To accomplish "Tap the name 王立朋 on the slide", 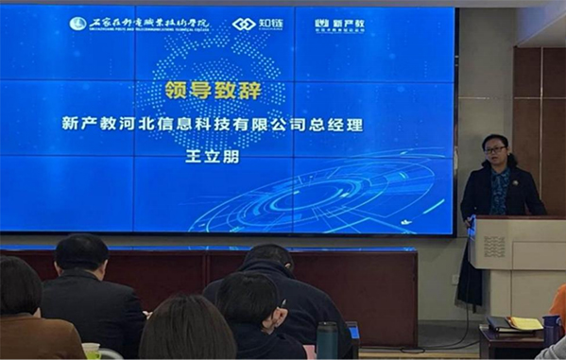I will [214, 155].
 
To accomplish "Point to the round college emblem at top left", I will [77, 23].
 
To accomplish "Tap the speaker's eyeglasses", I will [494, 149].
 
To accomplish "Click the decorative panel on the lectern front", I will [495, 248].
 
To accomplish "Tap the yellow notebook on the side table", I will [524, 324].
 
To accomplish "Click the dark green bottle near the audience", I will [326, 340].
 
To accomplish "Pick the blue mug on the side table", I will [551, 329].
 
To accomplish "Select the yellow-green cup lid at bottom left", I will [91, 349].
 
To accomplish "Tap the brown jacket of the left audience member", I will [38, 335].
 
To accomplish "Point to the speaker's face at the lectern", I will [494, 152].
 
